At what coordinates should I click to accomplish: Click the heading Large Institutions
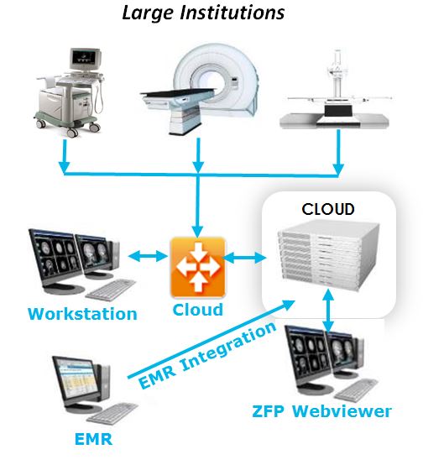(203, 13)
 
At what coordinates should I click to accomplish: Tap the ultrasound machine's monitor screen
(85, 56)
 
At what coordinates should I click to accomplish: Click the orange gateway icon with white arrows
(198, 267)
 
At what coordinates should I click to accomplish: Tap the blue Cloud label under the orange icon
(198, 310)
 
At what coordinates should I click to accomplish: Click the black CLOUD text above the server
(328, 209)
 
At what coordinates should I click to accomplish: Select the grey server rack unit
(328, 258)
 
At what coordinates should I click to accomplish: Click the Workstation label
(82, 314)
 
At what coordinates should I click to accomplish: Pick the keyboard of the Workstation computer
(110, 290)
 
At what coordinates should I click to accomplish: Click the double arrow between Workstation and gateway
(149, 256)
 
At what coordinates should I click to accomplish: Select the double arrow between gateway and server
(245, 258)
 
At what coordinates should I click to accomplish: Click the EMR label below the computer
(93, 439)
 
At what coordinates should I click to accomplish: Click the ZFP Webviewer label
(321, 411)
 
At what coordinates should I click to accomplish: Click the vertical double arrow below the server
(328, 310)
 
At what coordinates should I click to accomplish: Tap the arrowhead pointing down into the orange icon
(198, 231)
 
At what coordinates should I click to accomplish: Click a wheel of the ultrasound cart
(72, 133)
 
